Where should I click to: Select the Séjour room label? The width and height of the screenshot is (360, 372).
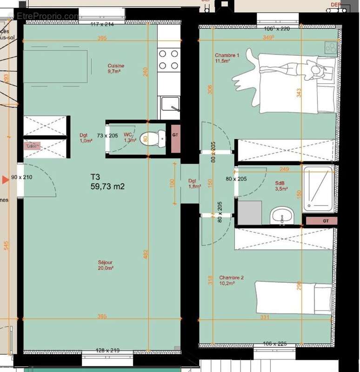click(106, 265)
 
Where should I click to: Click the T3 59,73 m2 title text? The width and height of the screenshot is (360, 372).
click(107, 182)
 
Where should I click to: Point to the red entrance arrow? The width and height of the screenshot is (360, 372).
click(5, 179)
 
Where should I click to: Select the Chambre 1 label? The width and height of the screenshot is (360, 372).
click(227, 58)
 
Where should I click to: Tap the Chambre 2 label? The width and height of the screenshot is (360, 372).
click(232, 280)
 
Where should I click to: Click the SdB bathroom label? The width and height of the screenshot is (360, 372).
click(280, 186)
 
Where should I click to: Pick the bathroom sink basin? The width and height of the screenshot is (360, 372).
click(282, 215)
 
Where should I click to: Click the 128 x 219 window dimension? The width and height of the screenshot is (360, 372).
click(107, 350)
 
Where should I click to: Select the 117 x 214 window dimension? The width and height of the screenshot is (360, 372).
click(102, 24)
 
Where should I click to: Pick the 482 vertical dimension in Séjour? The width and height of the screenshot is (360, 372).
click(145, 254)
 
